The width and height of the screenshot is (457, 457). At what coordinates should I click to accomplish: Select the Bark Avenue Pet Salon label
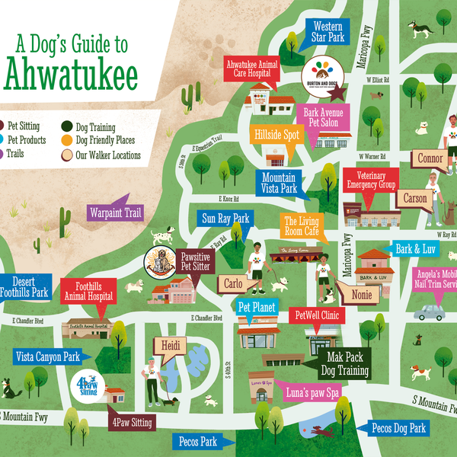coord(323,118)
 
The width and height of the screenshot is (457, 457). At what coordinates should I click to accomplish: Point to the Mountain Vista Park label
coord(280,181)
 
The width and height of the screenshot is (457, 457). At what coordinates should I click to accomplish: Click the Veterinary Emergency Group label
coord(372,180)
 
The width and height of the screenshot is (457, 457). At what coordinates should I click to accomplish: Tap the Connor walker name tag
coord(430,158)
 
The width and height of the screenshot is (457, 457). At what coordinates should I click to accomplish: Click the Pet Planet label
coord(257,307)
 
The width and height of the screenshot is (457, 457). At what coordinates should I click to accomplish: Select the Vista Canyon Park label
coord(47,356)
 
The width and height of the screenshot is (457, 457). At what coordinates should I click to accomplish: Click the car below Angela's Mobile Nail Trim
coord(430,312)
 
